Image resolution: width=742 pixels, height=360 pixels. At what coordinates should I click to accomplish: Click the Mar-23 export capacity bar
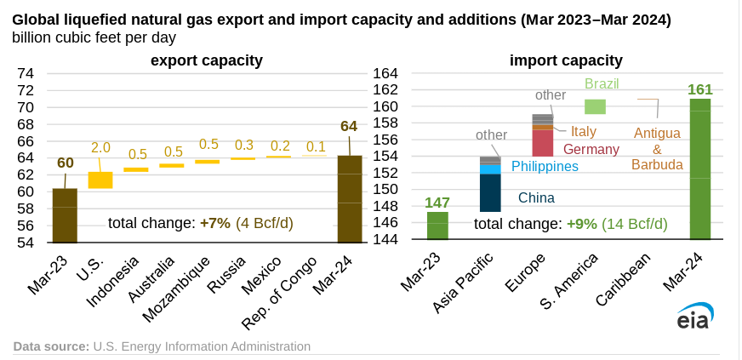click(65, 214)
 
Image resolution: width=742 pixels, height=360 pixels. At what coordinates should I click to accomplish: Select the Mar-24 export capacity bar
click(350, 198)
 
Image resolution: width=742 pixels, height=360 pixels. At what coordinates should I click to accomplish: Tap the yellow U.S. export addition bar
click(100, 180)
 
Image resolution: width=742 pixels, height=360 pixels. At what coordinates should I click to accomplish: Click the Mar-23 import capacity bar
click(437, 226)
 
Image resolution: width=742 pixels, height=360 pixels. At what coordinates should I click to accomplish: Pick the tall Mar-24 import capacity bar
click(700, 169)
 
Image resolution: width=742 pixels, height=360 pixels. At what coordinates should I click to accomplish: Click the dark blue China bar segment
click(490, 192)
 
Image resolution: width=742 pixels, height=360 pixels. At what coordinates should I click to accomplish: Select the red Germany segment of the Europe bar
click(543, 142)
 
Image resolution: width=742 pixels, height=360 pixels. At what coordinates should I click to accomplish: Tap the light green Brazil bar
click(595, 106)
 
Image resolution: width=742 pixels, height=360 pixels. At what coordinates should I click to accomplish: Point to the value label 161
click(699, 89)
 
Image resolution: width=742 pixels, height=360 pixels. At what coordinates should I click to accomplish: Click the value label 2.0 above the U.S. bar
click(100, 147)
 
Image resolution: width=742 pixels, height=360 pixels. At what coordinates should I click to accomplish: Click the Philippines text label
click(545, 166)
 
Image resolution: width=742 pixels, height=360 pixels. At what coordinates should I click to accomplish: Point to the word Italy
click(584, 131)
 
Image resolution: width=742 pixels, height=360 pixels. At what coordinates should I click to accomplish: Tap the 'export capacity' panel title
click(207, 60)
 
